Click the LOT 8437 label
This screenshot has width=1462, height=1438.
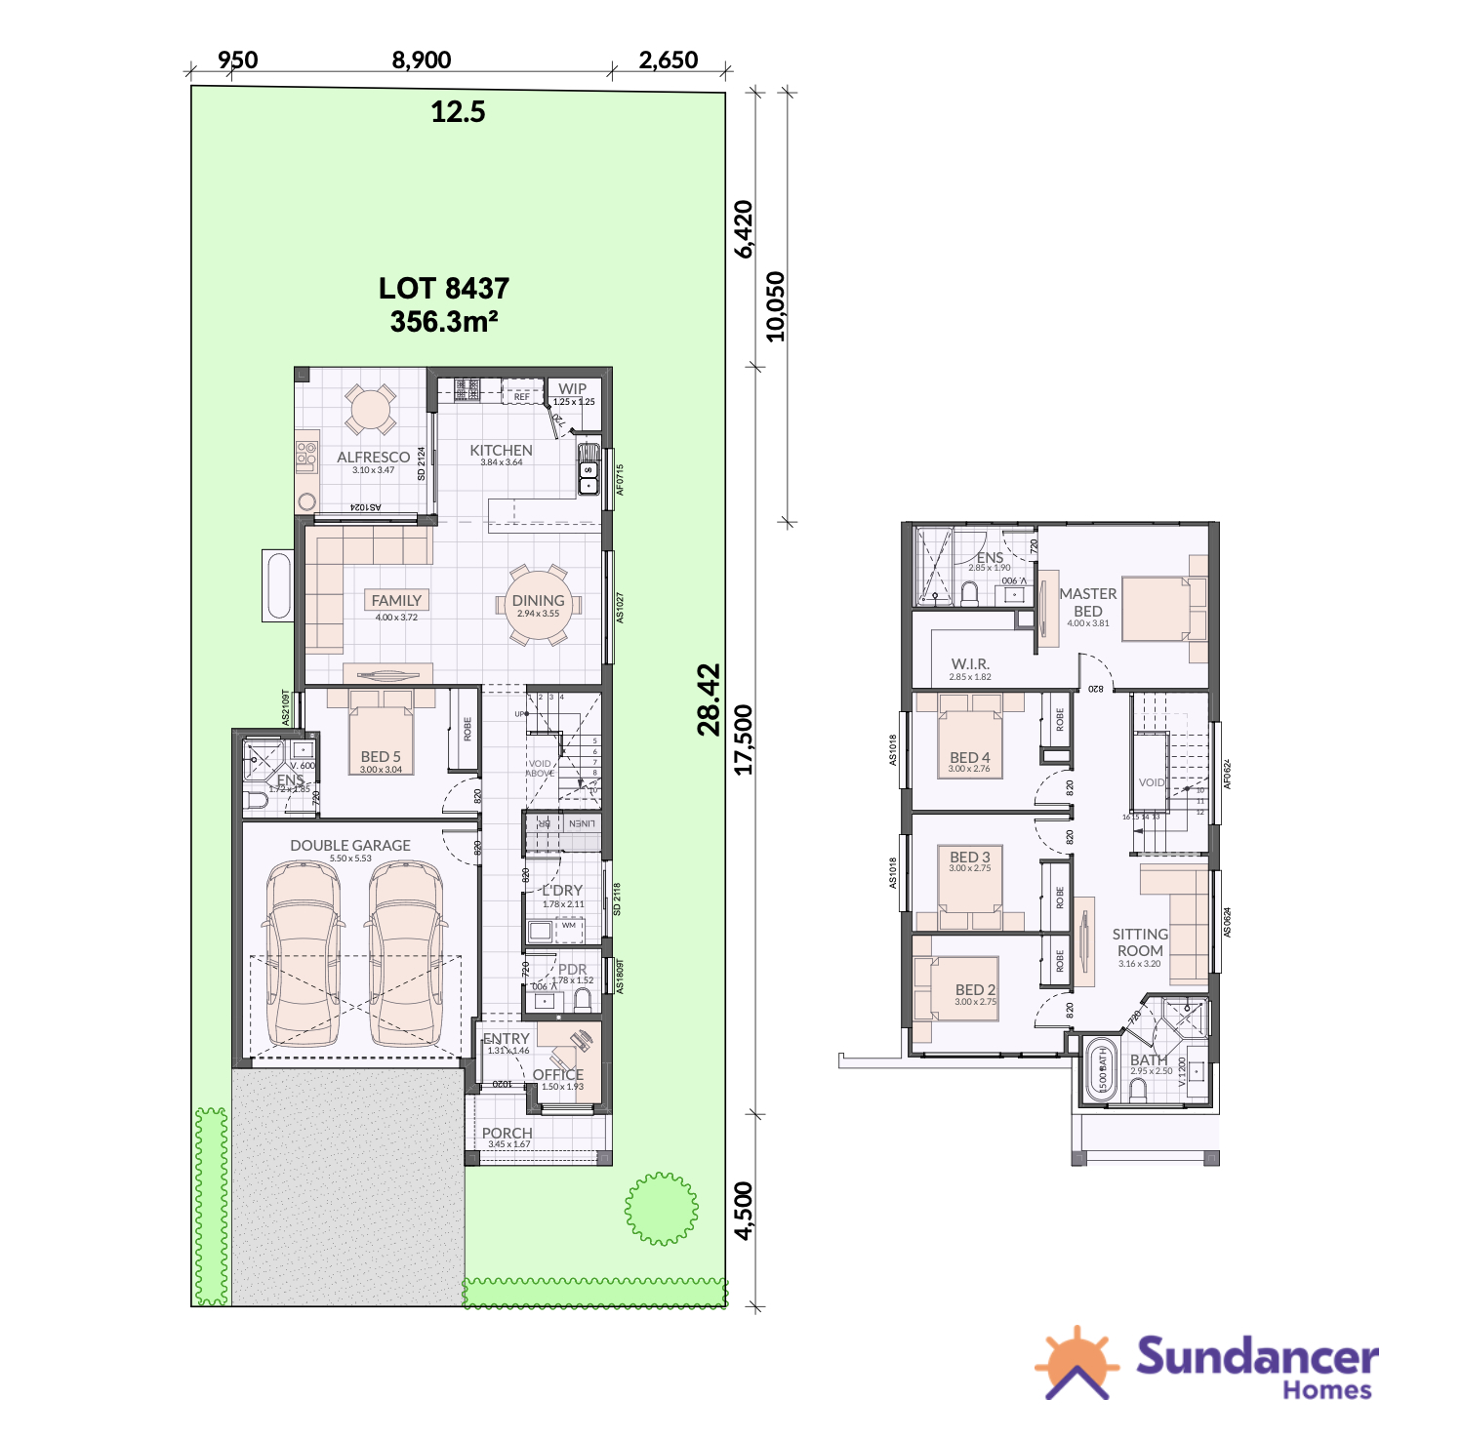[x=444, y=289]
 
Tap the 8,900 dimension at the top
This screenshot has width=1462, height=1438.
[x=422, y=60]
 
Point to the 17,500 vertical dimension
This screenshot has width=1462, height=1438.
[x=745, y=739]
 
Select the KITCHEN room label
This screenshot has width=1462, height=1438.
[x=501, y=451]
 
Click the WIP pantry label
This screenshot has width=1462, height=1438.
[x=573, y=389]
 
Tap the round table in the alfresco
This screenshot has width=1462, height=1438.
[x=371, y=410]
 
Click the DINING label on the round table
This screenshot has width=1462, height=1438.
[x=538, y=601]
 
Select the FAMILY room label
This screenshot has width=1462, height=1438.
[x=396, y=601]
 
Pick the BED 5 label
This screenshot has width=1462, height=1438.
[x=381, y=757]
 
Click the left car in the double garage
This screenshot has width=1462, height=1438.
[x=303, y=954]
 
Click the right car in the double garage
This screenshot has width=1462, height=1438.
[x=406, y=954]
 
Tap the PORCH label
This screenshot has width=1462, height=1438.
[x=507, y=1134]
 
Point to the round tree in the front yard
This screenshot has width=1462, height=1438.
[x=662, y=1209]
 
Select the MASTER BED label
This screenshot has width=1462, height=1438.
[x=1088, y=602]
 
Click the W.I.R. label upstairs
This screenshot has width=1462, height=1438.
[x=970, y=664]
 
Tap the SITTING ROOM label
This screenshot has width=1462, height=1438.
[x=1140, y=942]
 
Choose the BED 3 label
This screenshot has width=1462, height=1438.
[x=969, y=858]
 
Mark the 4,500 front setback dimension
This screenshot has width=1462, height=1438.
[x=745, y=1211]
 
